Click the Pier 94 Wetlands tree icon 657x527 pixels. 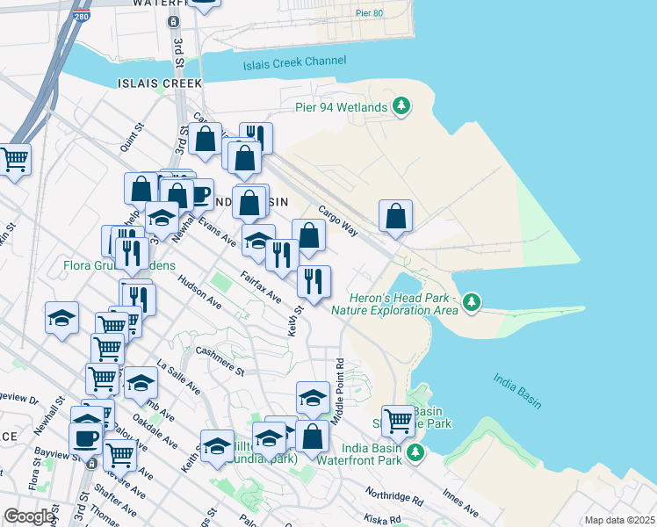(401, 106)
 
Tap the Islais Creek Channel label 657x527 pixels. (294, 61)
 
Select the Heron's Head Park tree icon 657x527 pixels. (473, 303)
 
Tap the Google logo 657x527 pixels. (29, 516)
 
